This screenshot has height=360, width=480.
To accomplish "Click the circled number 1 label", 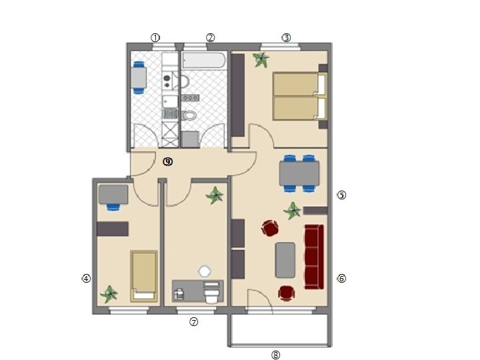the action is coord(155,38).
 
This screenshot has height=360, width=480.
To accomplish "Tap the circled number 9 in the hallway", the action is coord(168,161).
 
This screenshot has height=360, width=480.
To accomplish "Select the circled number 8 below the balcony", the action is coord(276,355).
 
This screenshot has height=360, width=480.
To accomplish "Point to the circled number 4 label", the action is coord(86,279).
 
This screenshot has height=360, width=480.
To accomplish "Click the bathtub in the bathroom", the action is coord(203,60).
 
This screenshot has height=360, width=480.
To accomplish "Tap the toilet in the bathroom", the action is coord(189,115).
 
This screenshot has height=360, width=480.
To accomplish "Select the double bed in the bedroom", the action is coord(300,96).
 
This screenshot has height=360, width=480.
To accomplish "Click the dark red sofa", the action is coord(314,257).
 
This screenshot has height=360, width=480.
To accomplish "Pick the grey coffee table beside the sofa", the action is coord(285,260).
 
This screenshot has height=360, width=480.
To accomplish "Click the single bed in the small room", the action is coord(144,276).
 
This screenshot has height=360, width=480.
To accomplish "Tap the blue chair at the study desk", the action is coord(113,207).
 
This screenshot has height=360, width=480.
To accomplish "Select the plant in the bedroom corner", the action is coord(261,59).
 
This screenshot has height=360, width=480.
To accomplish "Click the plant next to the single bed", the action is coord(109,294).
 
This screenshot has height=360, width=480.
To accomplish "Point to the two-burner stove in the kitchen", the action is coord(167,81).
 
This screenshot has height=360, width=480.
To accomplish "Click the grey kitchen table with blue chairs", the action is coord(139,78).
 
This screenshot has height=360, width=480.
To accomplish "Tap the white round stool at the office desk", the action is coord(205,271).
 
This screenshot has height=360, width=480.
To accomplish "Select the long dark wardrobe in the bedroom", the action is coord(237,95).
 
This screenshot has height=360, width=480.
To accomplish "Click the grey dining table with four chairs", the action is coord(299,173).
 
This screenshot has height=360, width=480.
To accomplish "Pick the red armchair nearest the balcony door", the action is coord(287,293).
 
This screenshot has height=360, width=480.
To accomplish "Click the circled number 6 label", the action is coord(341,279).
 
